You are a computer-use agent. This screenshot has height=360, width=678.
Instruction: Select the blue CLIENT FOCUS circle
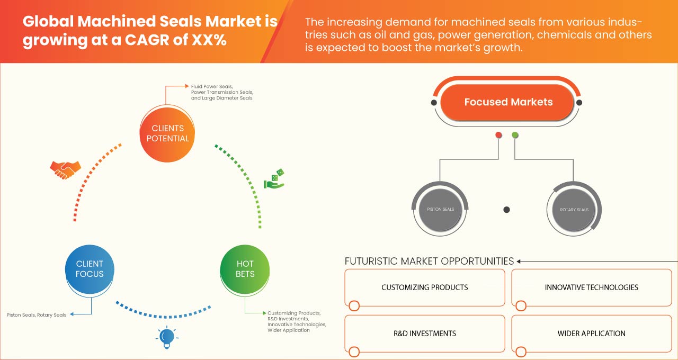pyautogui.click(x=90, y=268)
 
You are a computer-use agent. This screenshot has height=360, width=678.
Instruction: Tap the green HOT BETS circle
pyautogui.click(x=245, y=268)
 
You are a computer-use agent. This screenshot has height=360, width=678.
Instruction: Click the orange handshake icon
pyautogui.click(x=65, y=169)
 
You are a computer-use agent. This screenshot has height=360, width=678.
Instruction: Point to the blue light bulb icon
pyautogui.click(x=167, y=337)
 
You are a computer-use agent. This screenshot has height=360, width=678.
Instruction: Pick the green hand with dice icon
pyautogui.click(x=274, y=179)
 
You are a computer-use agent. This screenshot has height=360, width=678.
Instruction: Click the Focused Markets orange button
pyautogui.click(x=508, y=102)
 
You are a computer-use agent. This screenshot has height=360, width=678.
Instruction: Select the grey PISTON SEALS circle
pyautogui.click(x=440, y=210)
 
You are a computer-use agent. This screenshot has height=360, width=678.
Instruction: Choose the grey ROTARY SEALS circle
pyautogui.click(x=574, y=210)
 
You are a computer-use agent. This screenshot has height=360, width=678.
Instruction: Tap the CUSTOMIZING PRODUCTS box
pyautogui.click(x=424, y=287)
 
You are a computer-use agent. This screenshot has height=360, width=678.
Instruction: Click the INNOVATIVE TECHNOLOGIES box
pyautogui.click(x=591, y=287)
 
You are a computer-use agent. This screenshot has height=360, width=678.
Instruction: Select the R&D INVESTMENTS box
pyautogui.click(x=424, y=334)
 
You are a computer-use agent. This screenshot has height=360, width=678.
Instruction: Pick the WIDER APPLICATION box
pyautogui.click(x=591, y=334)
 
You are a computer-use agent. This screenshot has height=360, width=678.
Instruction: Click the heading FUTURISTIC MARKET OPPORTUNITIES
pyautogui.click(x=429, y=261)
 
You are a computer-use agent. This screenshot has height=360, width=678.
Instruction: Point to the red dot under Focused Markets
pyautogui.click(x=498, y=135)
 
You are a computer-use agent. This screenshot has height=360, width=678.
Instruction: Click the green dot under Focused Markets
pyautogui.click(x=515, y=135)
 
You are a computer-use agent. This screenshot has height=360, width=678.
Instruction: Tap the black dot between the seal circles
pyautogui.click(x=506, y=210)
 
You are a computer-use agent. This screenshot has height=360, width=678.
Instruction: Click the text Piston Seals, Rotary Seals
pyautogui.click(x=37, y=315)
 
